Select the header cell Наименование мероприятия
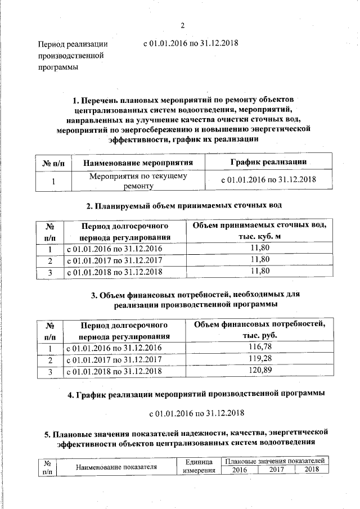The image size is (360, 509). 138,163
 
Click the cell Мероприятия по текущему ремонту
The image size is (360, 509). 138,181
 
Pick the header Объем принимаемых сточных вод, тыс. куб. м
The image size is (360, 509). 260,231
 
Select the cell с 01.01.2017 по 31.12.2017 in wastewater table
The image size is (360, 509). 114,260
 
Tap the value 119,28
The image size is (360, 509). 260,359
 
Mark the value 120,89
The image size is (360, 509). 260,371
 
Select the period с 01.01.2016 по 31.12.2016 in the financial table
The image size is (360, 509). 114,348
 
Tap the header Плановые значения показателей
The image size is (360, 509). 274,461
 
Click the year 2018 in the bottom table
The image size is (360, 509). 311,470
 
